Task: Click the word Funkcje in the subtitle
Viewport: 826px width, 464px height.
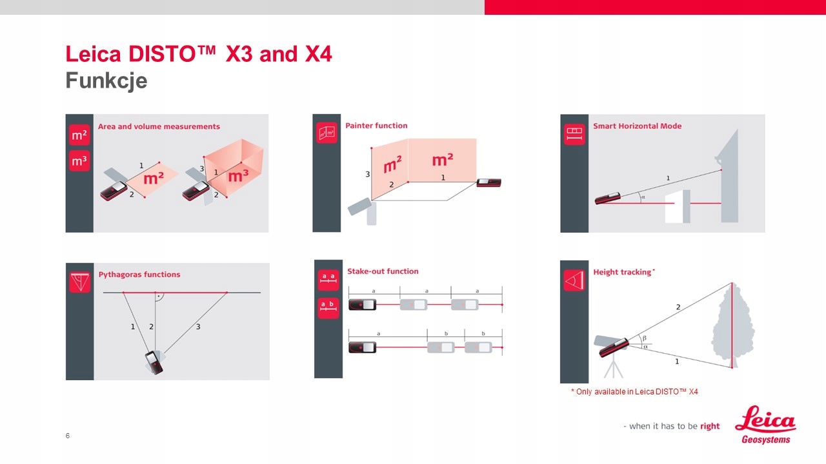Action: (106, 81)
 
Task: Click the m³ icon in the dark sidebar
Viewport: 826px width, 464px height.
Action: (79, 161)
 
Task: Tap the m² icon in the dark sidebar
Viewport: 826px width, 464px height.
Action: (79, 135)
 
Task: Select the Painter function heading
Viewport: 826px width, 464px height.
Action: (376, 126)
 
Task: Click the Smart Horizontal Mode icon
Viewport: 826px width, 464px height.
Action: (574, 134)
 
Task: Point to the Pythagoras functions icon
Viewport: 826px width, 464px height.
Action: (79, 282)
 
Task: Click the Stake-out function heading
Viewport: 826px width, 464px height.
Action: (383, 271)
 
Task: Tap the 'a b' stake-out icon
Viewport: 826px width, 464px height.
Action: (328, 308)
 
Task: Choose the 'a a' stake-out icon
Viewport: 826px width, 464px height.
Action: (328, 280)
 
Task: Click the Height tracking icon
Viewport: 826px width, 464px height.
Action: (574, 280)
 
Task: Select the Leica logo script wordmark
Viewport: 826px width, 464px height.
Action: (765, 420)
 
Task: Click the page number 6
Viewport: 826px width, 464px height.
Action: (68, 436)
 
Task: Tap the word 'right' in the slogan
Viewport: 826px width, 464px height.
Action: (710, 426)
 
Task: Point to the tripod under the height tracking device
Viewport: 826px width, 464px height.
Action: (613, 367)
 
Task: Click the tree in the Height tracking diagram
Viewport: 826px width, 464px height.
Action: (732, 325)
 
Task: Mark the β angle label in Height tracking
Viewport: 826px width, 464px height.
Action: (644, 338)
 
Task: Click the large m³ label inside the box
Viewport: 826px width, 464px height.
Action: (238, 176)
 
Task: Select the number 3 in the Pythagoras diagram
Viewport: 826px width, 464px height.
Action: (198, 327)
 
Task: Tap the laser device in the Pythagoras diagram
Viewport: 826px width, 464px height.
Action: (154, 363)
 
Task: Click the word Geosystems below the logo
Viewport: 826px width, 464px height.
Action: (766, 440)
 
